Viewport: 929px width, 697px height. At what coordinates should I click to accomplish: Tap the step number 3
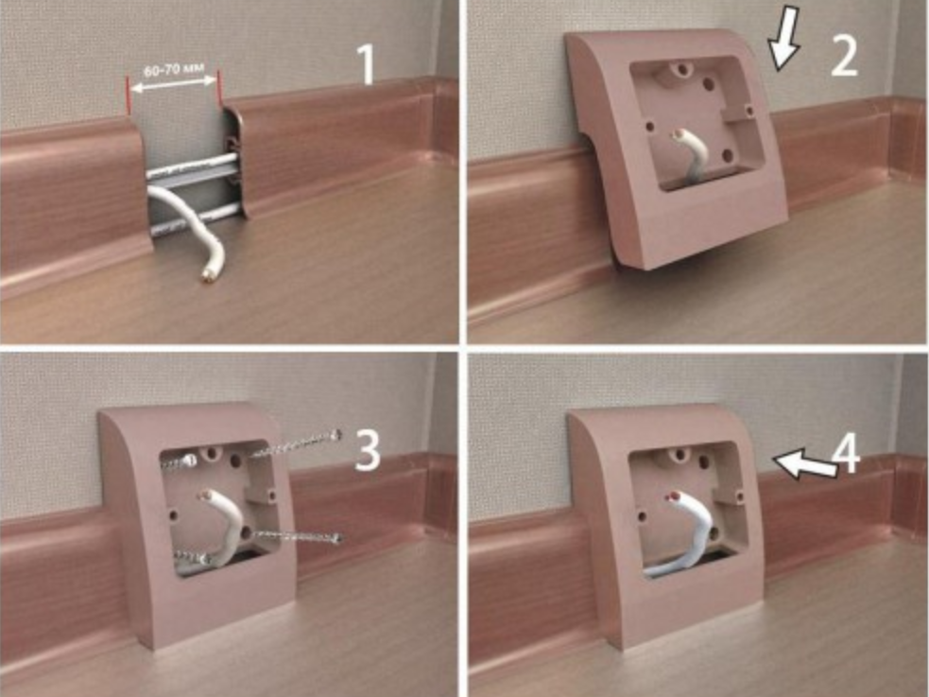coord(368,450)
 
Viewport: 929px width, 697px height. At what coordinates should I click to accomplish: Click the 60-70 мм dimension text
coord(174,71)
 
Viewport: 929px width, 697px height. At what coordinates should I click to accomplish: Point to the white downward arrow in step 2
coord(784,37)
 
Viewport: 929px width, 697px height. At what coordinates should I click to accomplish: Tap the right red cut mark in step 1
coord(220,89)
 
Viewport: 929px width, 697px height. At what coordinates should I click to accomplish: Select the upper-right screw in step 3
coord(296,444)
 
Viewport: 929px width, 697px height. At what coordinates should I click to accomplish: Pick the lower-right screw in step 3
coord(298,537)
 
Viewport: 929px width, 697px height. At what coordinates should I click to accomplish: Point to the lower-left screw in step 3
coord(191,557)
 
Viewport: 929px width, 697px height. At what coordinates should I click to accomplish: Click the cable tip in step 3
coord(205,495)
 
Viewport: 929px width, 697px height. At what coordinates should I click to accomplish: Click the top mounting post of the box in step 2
coord(681,71)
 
